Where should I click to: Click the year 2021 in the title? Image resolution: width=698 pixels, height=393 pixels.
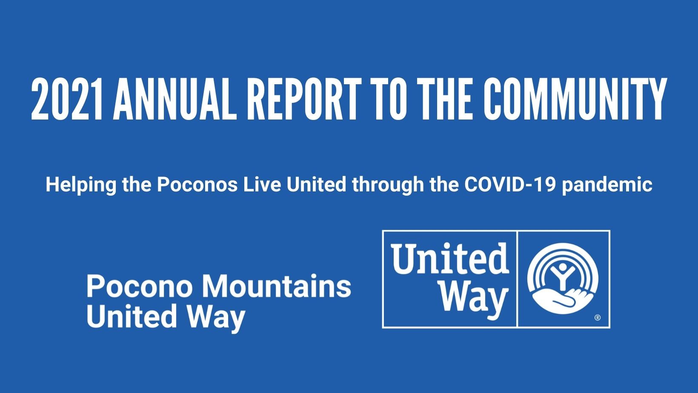(x=67, y=99)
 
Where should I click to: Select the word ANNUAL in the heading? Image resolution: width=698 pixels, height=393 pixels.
(x=175, y=99)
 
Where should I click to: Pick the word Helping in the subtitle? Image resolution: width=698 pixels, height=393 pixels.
(x=81, y=185)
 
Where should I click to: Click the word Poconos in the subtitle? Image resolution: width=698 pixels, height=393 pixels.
(x=197, y=185)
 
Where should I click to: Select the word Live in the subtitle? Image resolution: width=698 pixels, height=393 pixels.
(x=262, y=185)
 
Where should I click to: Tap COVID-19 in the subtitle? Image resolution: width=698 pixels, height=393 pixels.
(x=510, y=185)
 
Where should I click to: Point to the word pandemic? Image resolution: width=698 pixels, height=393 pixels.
(x=607, y=185)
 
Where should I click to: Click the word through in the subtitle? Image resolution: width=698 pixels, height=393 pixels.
(x=388, y=185)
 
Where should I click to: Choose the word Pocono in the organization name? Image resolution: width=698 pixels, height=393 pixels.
(x=139, y=286)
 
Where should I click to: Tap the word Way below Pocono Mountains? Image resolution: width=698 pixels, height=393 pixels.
(x=217, y=318)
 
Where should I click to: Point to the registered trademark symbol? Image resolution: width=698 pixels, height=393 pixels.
(x=598, y=318)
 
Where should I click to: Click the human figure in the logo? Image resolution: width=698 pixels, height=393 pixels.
(x=563, y=276)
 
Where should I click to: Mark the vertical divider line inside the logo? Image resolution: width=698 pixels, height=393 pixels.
(x=517, y=279)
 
